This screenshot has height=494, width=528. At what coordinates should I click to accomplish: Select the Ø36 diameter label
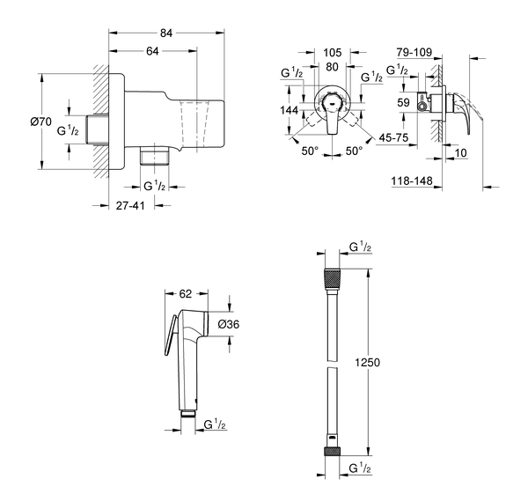(230, 324)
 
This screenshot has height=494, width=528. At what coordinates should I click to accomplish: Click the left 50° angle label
(308, 151)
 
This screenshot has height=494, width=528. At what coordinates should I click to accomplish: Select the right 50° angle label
(353, 151)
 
